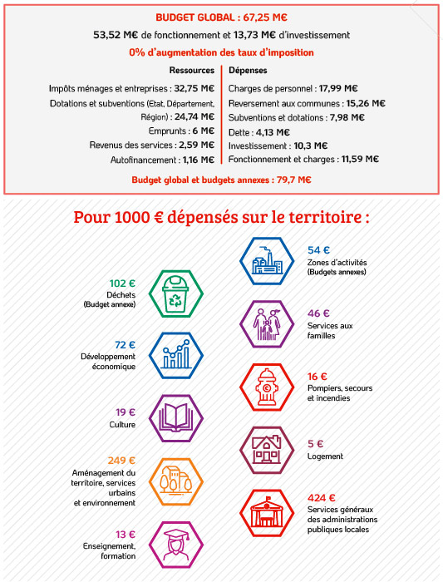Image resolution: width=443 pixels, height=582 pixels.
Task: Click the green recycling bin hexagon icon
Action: click(176, 293)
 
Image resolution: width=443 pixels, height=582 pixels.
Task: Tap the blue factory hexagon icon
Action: click(267, 261)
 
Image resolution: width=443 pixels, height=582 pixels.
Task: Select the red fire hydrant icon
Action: click(267, 387)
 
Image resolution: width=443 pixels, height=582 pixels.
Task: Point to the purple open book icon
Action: click(176, 418)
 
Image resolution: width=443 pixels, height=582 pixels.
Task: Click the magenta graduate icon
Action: click(176, 545)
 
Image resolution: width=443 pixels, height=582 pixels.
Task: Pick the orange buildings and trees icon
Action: click(176, 481)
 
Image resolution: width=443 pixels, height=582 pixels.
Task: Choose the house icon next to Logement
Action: click(267, 451)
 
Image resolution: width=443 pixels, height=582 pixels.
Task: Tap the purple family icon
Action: click(267, 324)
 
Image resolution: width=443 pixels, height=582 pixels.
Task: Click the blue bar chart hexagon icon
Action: click(176, 355)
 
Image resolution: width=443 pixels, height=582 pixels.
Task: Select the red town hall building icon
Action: click(267, 513)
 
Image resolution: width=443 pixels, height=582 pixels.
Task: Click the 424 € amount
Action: click(322, 498)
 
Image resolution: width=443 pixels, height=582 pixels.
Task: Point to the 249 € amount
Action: click(121, 461)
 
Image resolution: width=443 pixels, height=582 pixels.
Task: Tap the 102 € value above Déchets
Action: click(122, 284)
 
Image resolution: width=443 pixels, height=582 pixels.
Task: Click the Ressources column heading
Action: click(192, 70)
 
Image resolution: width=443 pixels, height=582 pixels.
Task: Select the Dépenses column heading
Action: click(248, 70)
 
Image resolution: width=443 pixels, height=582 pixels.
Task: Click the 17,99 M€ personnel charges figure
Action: click(338, 88)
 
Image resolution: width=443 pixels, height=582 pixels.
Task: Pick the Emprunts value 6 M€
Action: click(204, 131)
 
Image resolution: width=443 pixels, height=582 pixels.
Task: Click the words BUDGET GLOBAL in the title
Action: click(195, 17)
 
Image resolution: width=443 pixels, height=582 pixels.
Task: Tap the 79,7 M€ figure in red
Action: click(294, 180)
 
